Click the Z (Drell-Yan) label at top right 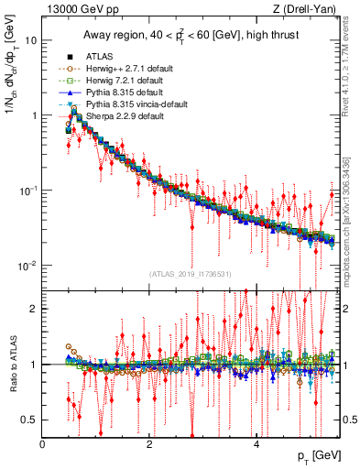[309, 9]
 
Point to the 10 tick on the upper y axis [31, 41]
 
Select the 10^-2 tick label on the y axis [27, 266]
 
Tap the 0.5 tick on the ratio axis [29, 420]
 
